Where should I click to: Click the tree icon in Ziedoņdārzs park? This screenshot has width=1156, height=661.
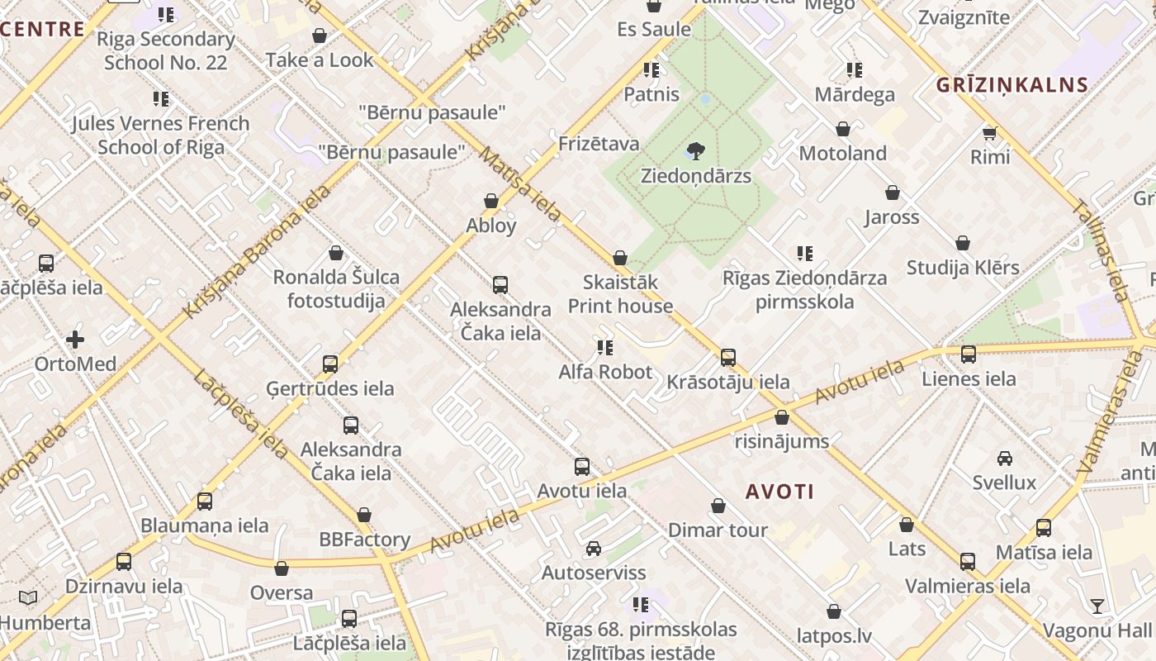tap(695, 151)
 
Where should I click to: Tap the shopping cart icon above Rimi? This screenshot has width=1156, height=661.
tap(989, 132)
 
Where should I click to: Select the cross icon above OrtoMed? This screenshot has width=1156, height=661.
tap(75, 340)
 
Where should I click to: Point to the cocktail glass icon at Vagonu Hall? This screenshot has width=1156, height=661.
tap(1097, 606)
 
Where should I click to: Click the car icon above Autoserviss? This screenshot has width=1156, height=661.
tap(593, 549)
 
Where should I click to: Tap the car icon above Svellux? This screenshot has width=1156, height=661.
tap(1004, 459)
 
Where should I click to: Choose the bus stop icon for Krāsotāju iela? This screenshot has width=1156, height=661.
tap(727, 358)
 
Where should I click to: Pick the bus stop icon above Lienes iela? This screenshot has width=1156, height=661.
tap(968, 354)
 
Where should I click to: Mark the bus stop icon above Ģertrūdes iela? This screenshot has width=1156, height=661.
tap(330, 364)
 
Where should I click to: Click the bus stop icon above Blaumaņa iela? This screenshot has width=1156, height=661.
tap(204, 501)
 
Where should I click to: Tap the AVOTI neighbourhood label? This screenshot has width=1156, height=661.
tap(779, 492)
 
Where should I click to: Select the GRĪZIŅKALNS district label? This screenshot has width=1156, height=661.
tap(1012, 84)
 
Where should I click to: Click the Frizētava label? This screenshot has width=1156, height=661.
tap(599, 144)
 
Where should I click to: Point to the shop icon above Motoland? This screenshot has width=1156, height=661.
tap(842, 129)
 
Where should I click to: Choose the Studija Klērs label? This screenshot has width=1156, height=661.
tap(963, 268)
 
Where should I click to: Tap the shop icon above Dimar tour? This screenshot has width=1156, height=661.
tap(718, 506)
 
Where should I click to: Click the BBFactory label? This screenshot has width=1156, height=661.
tap(365, 540)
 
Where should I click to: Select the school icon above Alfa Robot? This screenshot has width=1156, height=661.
tap(605, 348)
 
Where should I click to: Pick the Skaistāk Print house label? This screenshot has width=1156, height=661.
tap(620, 294)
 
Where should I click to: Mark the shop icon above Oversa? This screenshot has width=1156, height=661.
tap(282, 568)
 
